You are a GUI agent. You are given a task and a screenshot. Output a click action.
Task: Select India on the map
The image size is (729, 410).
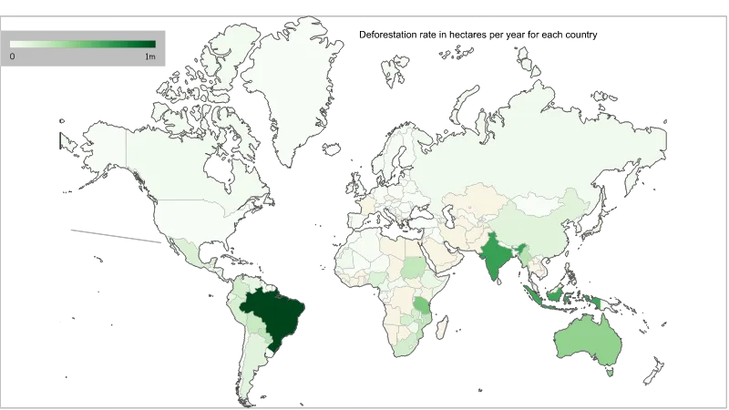pos(494,256)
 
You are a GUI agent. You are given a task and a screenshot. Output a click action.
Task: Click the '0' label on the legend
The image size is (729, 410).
pos(12,56)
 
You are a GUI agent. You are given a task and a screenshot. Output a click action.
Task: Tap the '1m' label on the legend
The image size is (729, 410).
pos(149,56)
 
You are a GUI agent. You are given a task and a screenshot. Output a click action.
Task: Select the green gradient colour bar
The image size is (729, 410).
pos(82,44)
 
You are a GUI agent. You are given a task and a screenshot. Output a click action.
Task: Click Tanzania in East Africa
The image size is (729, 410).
pos(422,305)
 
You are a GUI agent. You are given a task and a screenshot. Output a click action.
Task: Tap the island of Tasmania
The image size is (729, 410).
pos(608,371)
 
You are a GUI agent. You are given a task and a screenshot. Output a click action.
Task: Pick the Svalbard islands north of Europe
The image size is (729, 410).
pos(396,68)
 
